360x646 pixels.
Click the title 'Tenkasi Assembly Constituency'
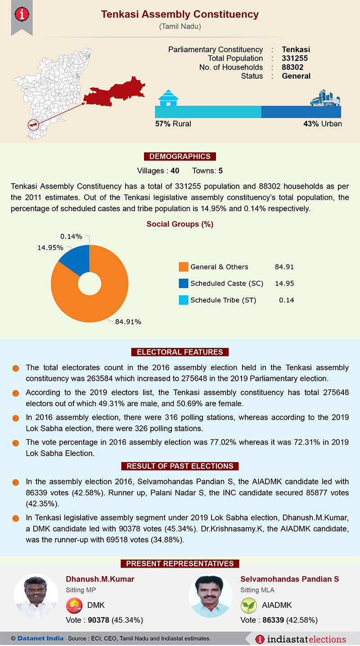pyautogui.click(x=180, y=14)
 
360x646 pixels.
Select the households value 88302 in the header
pyautogui.click(x=292, y=68)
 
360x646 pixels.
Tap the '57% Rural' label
pyautogui.click(x=173, y=124)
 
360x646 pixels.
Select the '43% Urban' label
pyautogui.click(x=322, y=124)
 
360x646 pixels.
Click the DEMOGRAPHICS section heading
pyautogui.click(x=180, y=157)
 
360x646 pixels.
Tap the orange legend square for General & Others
pyautogui.click(x=183, y=267)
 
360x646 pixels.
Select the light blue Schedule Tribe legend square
pyautogui.click(x=183, y=300)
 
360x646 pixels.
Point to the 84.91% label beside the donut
pyautogui.click(x=128, y=322)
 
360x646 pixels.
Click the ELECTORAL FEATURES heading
pyautogui.click(x=180, y=352)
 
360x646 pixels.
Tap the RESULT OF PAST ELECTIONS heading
pyautogui.click(x=180, y=466)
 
